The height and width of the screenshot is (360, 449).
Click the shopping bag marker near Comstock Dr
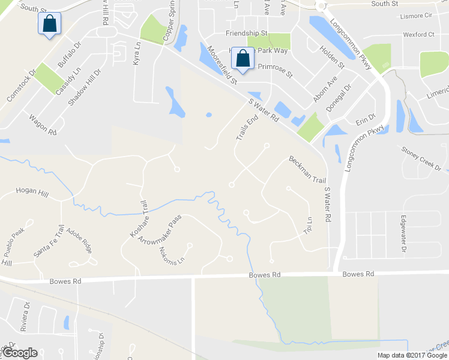(x=49, y=25)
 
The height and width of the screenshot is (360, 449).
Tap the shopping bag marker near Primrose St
(x=243, y=58)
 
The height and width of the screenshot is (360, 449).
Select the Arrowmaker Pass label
(x=159, y=229)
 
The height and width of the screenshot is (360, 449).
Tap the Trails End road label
(x=247, y=128)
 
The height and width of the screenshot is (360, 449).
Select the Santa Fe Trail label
(x=49, y=241)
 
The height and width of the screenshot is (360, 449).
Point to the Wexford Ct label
(x=418, y=34)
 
